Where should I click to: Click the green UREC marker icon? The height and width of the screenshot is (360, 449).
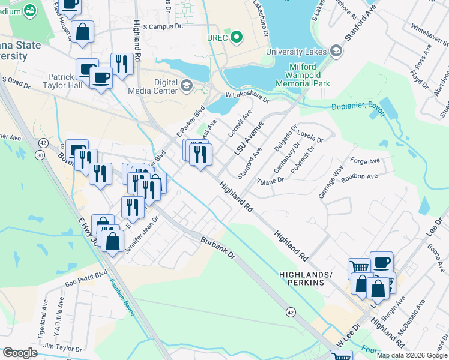[x=237, y=38]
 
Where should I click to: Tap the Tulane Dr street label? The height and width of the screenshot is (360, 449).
[x=271, y=180]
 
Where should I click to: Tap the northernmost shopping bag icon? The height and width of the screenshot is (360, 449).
[x=85, y=31]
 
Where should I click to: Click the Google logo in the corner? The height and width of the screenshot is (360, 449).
[x=20, y=353]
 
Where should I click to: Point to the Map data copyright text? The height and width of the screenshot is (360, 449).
[x=412, y=355]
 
